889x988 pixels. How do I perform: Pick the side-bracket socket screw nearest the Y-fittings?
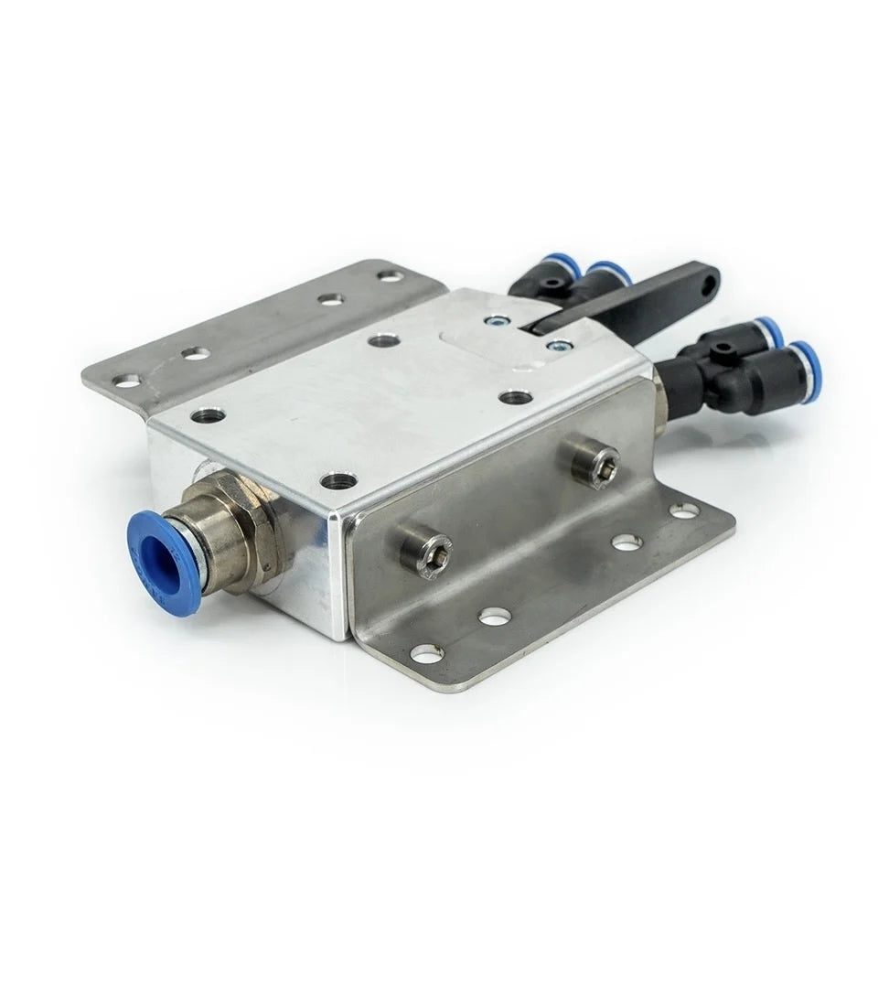(x=594, y=461)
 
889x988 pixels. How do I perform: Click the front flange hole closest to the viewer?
(x=427, y=652)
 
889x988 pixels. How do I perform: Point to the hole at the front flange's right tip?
(x=684, y=511)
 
